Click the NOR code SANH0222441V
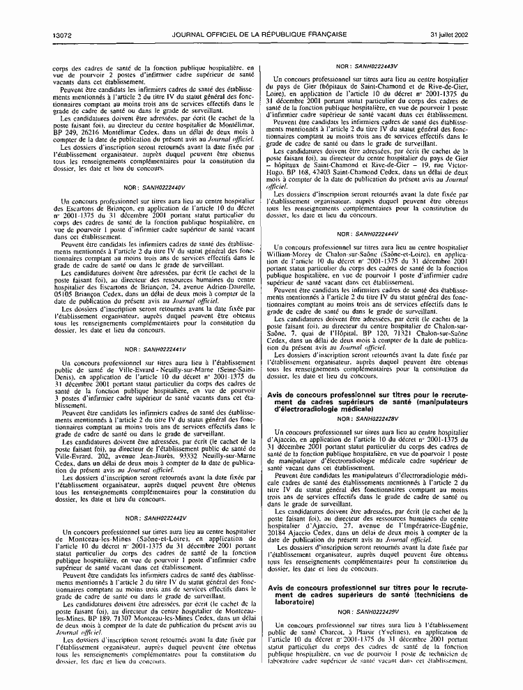(x=162, y=348)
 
